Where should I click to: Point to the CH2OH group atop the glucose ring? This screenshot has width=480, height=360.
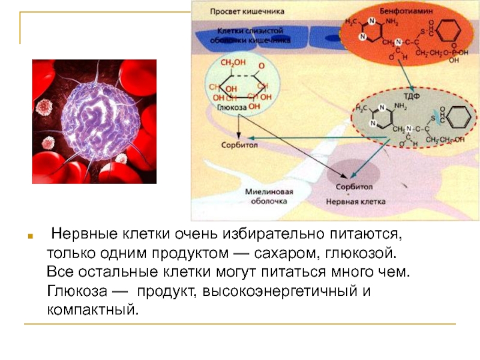[x=233, y=62]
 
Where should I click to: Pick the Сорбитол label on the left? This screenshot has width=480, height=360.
[x=238, y=145]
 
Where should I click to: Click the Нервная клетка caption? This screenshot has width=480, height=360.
[x=355, y=202]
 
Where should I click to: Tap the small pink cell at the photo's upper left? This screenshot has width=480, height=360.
[x=44, y=107]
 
